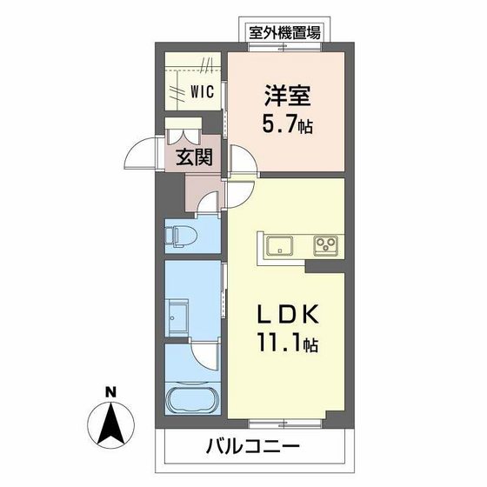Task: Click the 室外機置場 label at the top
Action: tap(284, 33)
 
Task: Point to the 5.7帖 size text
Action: tap(284, 125)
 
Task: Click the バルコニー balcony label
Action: tap(253, 448)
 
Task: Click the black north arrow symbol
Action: tap(110, 423)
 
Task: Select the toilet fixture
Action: tap(178, 235)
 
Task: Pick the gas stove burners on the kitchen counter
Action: tap(326, 243)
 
